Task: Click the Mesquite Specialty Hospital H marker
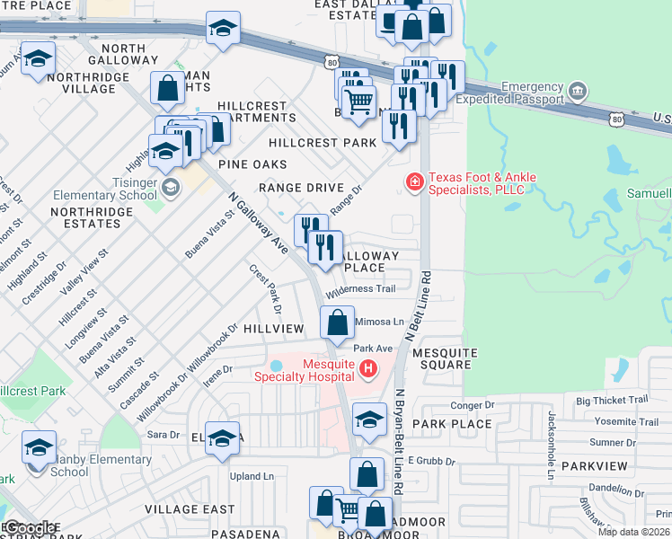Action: point(367,368)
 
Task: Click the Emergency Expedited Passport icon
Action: point(578,92)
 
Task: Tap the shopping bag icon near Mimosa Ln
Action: point(337,323)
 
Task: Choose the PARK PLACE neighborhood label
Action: point(452,423)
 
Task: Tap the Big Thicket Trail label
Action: point(612,400)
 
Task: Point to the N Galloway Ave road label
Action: point(258,220)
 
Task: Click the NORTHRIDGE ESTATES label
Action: point(92,218)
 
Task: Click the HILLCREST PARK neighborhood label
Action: point(322,143)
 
